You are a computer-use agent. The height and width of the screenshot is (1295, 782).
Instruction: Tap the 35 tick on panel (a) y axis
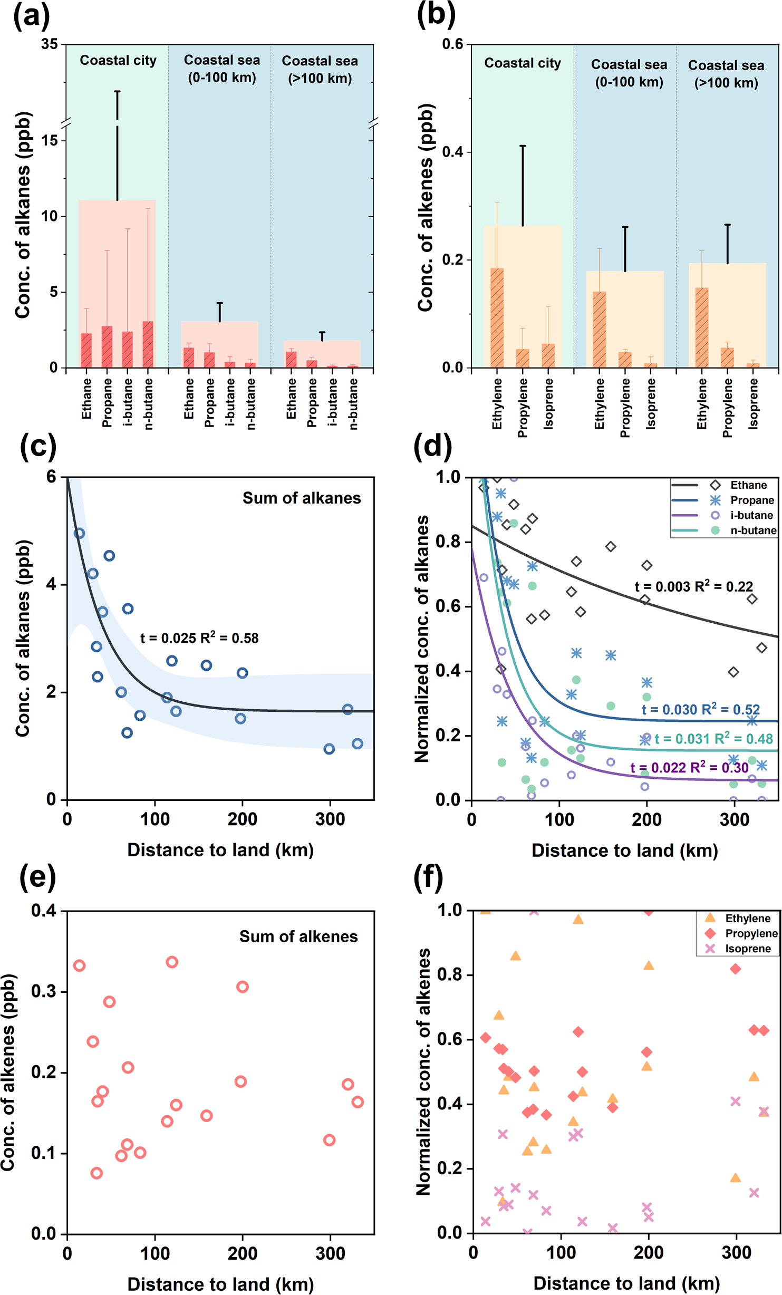click(x=50, y=44)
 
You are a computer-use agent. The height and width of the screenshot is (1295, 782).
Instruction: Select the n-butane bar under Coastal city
click(x=148, y=344)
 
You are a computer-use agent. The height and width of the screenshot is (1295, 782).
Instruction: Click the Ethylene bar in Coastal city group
click(x=497, y=317)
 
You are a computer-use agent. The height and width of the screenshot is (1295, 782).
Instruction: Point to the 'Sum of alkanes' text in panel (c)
click(x=302, y=498)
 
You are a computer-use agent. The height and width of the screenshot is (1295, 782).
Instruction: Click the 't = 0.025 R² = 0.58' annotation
click(x=199, y=638)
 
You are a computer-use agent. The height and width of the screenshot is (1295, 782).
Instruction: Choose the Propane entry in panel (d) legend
click(x=752, y=500)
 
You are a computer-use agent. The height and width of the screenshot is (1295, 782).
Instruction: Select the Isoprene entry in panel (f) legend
click(x=748, y=949)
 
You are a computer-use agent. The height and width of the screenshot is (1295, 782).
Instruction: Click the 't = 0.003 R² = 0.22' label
click(x=693, y=586)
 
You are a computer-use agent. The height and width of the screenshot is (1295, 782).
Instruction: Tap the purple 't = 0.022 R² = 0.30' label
click(x=689, y=767)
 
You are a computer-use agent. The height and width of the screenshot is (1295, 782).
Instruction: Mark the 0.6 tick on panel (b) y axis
click(x=453, y=44)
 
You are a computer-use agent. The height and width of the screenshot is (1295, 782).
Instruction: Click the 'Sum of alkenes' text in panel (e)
click(x=298, y=936)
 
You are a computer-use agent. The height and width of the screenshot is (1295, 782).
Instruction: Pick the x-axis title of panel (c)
click(x=220, y=850)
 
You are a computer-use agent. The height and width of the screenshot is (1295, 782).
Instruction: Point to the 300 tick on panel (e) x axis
click(x=330, y=1253)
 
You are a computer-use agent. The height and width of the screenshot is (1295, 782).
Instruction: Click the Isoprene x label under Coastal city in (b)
click(x=549, y=403)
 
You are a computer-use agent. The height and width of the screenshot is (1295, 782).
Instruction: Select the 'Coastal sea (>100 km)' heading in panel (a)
click(x=320, y=69)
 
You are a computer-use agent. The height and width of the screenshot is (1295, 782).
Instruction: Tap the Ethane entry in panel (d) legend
click(x=748, y=485)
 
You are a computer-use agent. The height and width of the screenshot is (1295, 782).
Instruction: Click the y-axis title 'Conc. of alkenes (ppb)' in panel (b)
click(x=426, y=207)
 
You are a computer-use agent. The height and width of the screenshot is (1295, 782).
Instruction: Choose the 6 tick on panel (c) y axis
click(x=51, y=477)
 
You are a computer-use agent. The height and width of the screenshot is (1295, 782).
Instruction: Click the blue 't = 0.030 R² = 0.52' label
click(x=700, y=710)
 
